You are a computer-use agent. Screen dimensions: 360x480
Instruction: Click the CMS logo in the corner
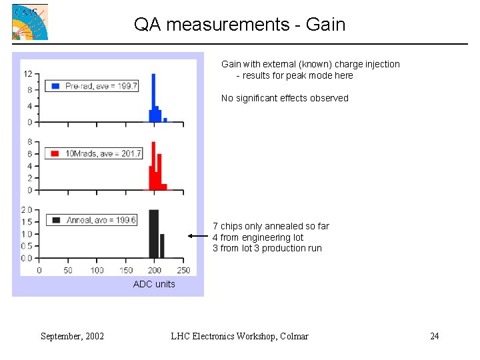(x=30, y=22)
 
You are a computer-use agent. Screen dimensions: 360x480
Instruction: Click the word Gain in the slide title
(x=325, y=25)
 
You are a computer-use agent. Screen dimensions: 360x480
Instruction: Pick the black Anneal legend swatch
(x=56, y=220)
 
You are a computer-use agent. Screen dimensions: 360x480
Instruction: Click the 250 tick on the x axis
(x=183, y=270)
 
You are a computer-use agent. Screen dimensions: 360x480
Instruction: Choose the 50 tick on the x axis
(x=68, y=270)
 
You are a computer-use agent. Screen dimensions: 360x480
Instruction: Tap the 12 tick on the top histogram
(x=29, y=73)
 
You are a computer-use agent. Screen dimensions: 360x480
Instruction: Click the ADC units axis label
(x=154, y=284)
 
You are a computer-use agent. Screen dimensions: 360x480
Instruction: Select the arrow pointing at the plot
(x=198, y=236)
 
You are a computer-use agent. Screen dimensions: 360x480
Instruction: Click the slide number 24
(x=434, y=336)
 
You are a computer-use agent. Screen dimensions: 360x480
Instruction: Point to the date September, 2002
(x=72, y=336)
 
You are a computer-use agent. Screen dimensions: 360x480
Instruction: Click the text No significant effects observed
(x=285, y=98)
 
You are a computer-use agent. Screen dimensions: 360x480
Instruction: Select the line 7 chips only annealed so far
(x=271, y=226)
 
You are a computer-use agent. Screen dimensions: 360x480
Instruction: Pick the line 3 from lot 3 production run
(x=267, y=248)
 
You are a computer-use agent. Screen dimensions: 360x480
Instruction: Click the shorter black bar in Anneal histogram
(x=162, y=246)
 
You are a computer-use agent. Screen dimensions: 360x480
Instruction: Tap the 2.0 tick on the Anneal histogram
(x=26, y=210)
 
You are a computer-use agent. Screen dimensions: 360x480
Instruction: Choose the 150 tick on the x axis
(x=126, y=270)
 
